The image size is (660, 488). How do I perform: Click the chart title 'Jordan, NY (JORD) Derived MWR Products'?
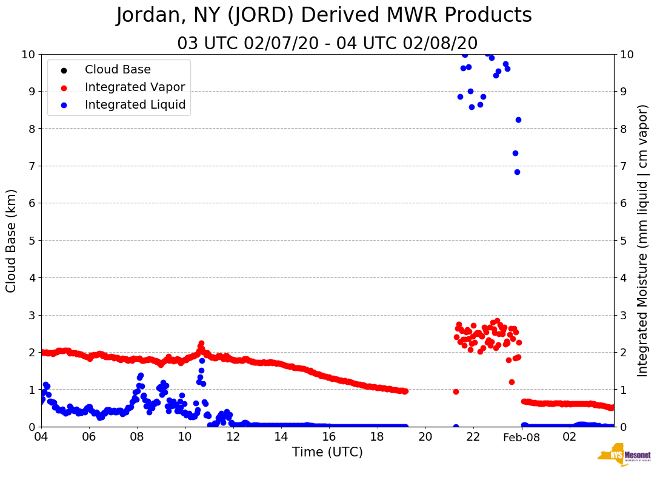[x=324, y=16]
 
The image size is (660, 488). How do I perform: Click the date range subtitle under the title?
[x=327, y=44]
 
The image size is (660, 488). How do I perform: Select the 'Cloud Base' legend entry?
[x=118, y=70]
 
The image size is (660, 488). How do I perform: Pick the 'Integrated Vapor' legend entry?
[x=135, y=87]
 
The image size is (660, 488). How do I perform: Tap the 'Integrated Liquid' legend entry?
[x=135, y=104]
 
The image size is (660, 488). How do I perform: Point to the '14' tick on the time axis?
[x=281, y=437]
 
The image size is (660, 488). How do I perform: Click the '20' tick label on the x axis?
[x=425, y=437]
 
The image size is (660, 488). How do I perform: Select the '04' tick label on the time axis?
[x=41, y=437]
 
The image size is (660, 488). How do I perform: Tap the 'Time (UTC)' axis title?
[x=327, y=452]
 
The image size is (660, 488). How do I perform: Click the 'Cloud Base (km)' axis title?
[x=12, y=240]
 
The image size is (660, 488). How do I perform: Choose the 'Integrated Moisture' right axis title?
[x=643, y=240]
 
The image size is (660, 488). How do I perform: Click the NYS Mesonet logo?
[x=624, y=455]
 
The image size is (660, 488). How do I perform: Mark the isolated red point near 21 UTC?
[x=456, y=391]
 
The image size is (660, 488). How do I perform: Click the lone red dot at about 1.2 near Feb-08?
[x=512, y=382]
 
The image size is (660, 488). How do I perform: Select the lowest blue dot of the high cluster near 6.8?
[x=517, y=172]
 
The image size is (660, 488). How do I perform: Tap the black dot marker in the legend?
[x=64, y=70]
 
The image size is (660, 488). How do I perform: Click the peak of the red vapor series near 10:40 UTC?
[x=201, y=344]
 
